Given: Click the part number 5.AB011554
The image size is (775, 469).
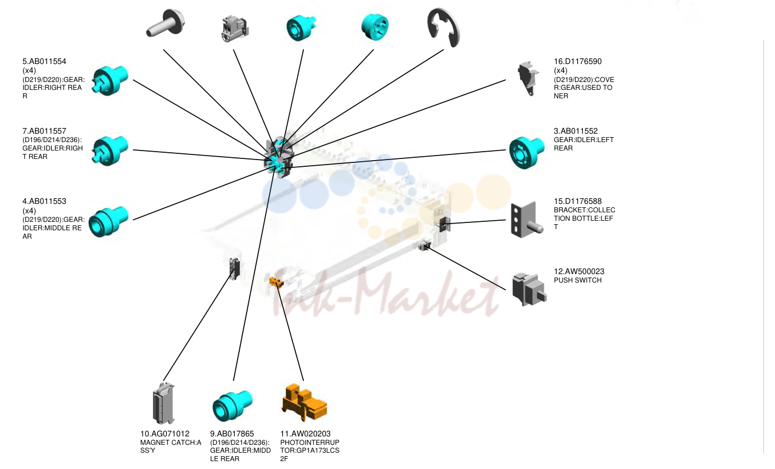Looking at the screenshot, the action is tap(44, 62).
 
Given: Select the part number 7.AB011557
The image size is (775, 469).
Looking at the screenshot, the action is tap(44, 131).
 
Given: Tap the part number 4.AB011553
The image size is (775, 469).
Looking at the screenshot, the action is tap(44, 202).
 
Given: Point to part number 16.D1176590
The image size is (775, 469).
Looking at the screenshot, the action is tap(577, 62).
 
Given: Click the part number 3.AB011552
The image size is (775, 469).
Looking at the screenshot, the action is tap(576, 131).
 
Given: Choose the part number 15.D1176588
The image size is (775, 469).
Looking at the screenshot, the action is tap(577, 202).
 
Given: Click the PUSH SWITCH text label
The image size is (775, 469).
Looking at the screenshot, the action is tap(577, 280).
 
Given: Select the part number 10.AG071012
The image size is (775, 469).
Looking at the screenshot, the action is tap(165, 434).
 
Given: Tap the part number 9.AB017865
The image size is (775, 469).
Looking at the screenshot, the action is tap(232, 434).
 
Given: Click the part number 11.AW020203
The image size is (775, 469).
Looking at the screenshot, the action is tap(305, 434).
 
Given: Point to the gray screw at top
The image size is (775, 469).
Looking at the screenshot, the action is tap(165, 22).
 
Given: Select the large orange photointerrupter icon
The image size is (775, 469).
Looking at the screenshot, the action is tap(304, 402).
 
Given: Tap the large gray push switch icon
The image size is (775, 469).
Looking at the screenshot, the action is tap(528, 289).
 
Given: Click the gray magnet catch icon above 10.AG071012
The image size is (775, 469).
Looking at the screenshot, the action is tap(163, 403).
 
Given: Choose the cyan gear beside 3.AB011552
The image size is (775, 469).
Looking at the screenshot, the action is tap(526, 152).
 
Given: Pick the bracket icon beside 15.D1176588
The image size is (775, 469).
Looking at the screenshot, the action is tap(526, 220).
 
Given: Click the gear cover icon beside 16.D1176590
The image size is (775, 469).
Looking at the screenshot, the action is tap(528, 79).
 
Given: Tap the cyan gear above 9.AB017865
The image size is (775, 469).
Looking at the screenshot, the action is tap(232, 406).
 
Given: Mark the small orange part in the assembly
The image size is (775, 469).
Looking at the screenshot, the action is tap(276, 282).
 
